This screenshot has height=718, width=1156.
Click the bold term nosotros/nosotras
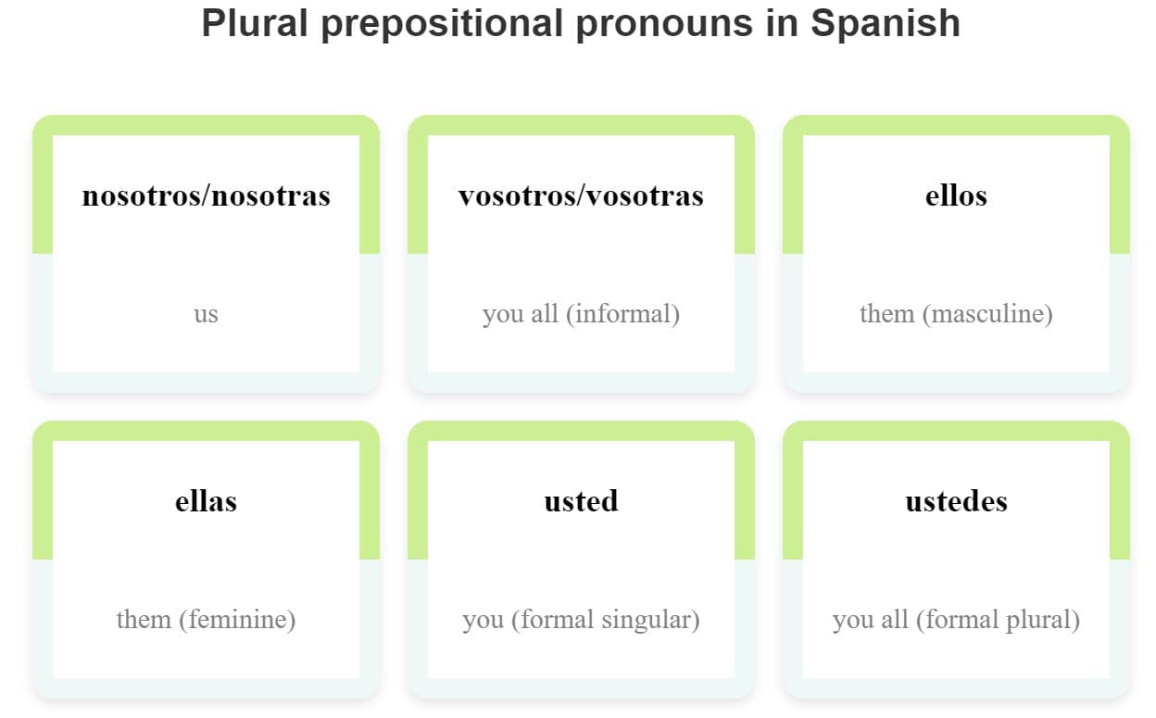tap(206, 195)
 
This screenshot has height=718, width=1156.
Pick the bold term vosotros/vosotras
tap(581, 195)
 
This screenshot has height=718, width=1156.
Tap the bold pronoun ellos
tap(956, 195)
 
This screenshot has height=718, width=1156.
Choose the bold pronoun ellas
tap(206, 501)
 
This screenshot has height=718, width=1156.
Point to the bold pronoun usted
tap(581, 501)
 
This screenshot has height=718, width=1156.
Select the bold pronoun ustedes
tap(956, 501)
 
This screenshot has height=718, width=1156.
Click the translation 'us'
tap(206, 314)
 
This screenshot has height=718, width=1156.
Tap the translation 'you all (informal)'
tap(581, 314)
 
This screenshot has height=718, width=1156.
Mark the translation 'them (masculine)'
tap(956, 314)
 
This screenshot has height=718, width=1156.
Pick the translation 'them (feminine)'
tap(206, 619)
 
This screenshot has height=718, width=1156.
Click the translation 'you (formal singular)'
tap(581, 619)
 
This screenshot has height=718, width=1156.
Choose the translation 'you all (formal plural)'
tap(956, 619)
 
